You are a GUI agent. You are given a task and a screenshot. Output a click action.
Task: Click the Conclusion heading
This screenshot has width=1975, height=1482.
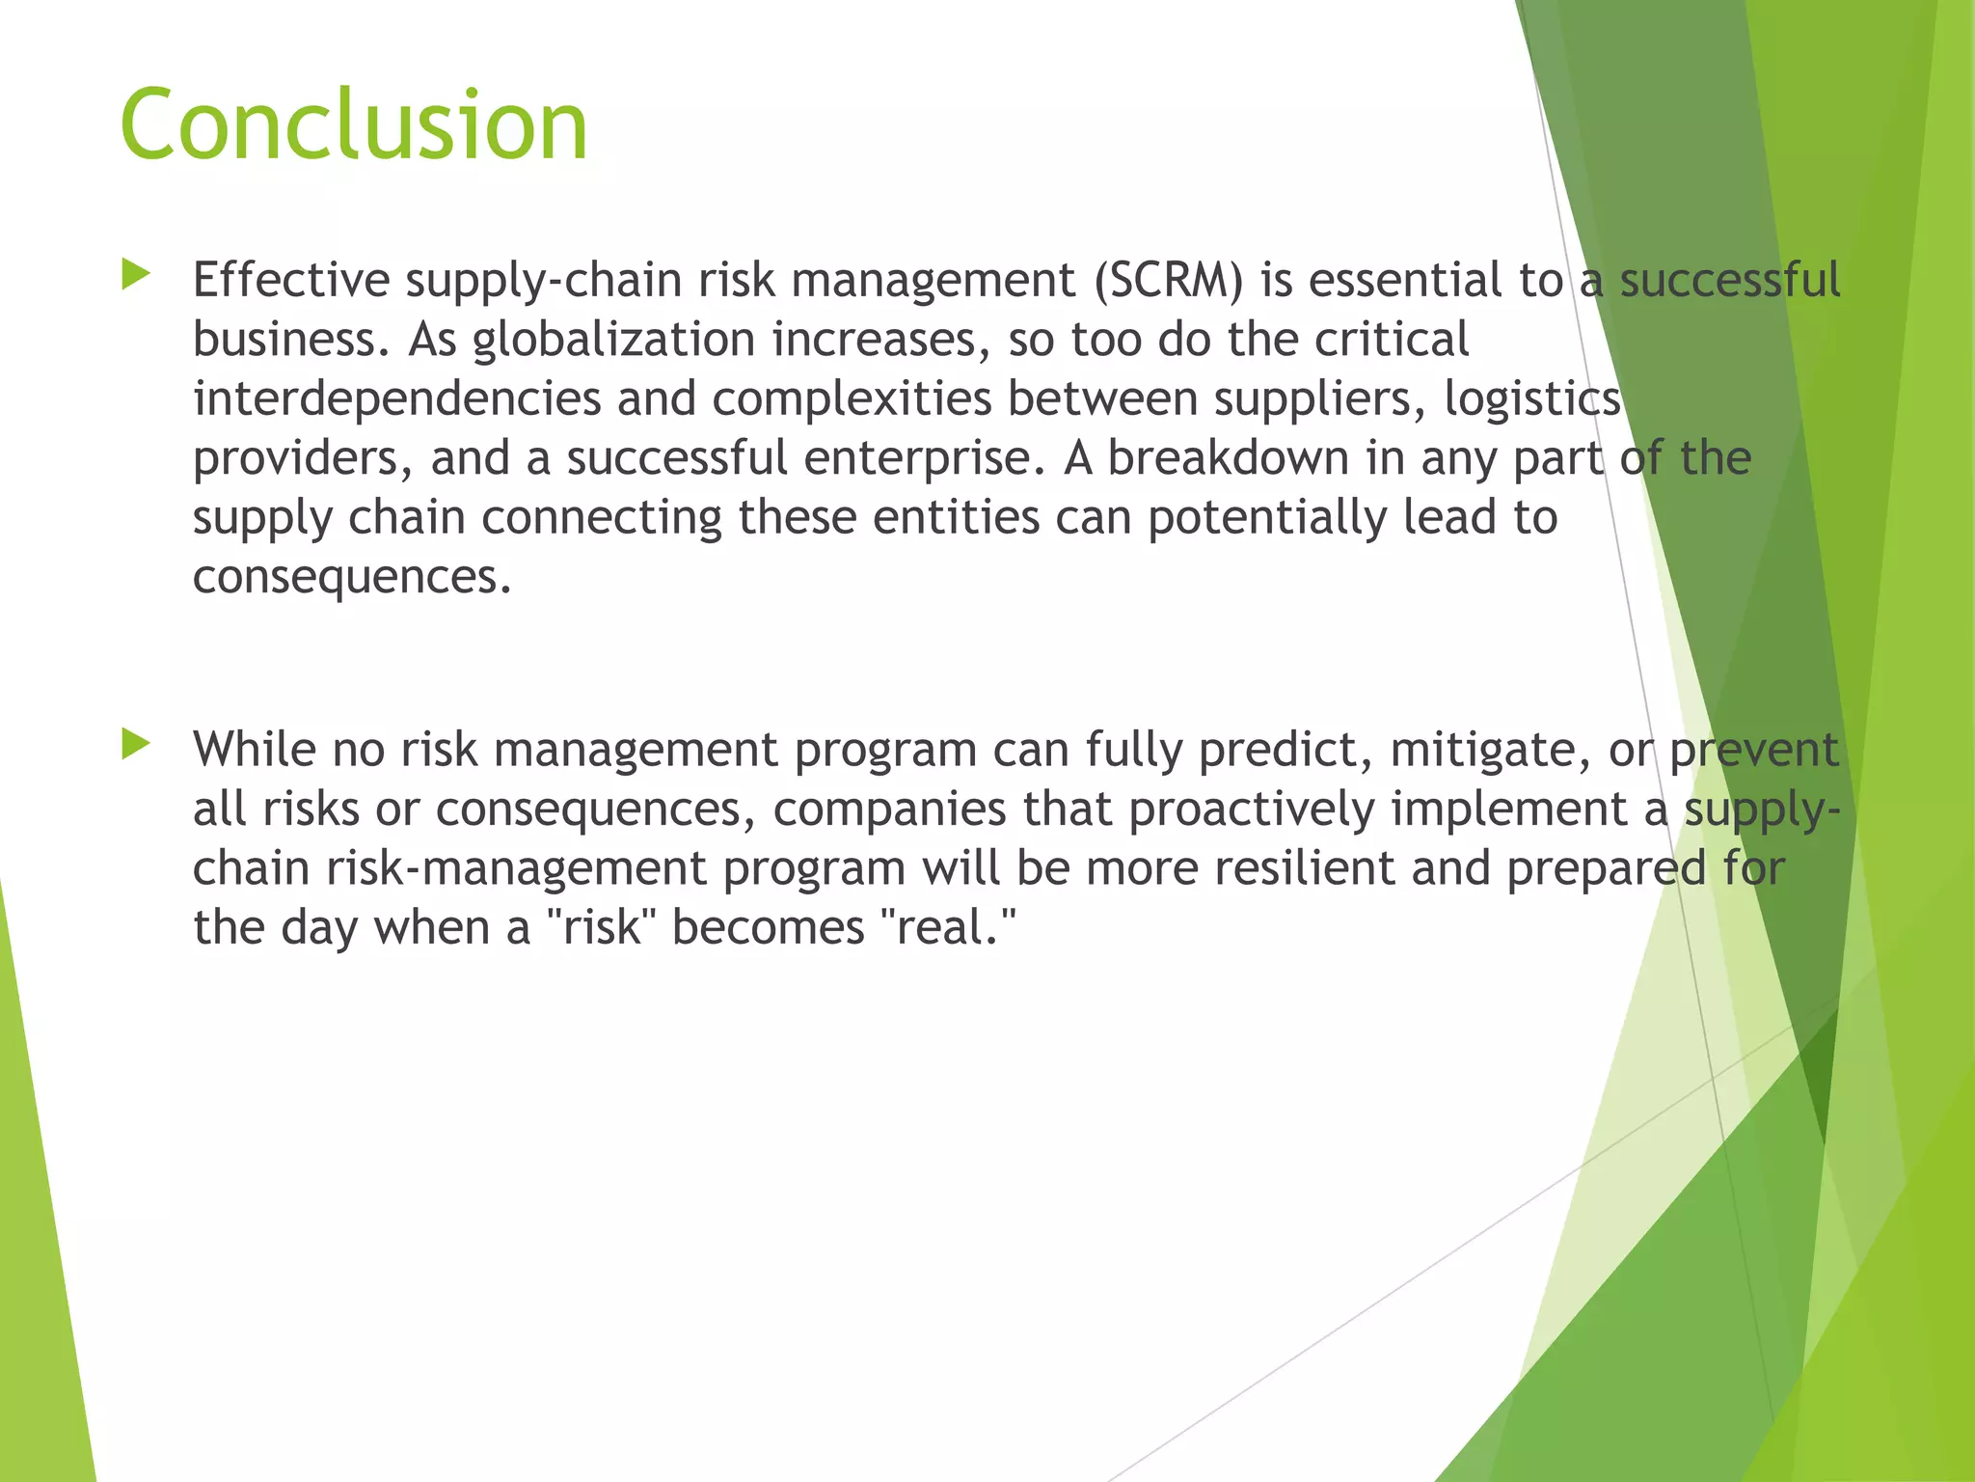tap(353, 124)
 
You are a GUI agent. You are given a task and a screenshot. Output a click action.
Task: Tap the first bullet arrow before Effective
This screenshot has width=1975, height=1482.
tap(136, 276)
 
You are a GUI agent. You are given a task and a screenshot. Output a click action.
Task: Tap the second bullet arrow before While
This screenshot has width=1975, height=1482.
tap(136, 745)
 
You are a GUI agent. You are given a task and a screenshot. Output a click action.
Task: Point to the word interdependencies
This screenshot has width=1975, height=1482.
tap(396, 399)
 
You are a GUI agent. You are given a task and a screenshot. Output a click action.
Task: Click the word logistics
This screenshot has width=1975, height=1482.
tap(1531, 399)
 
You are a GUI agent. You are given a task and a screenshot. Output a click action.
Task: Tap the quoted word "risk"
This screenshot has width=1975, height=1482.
tap(601, 927)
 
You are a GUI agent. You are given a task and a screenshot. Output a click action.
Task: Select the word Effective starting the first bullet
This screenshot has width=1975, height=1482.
tap(291, 281)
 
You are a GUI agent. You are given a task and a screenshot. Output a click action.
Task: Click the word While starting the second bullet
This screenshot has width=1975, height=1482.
tap(255, 750)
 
